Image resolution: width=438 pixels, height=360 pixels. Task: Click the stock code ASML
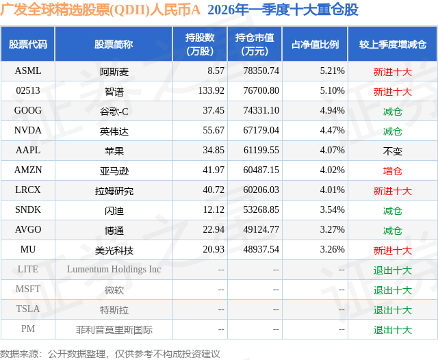point(28,70)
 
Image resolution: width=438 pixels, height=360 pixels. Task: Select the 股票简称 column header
point(114,44)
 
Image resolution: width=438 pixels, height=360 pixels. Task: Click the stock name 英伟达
point(114,131)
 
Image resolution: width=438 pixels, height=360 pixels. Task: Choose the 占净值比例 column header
point(315,44)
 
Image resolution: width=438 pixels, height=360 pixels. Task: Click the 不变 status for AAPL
point(392,151)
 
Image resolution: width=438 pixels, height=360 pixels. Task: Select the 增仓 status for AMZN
point(392,170)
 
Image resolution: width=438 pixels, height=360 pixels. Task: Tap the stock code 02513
point(28,90)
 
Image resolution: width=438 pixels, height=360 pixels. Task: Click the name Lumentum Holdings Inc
point(114,270)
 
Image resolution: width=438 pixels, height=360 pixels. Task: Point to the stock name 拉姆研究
point(114,190)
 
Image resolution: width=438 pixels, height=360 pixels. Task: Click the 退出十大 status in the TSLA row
point(392,309)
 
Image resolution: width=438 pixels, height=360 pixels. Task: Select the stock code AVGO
point(28,230)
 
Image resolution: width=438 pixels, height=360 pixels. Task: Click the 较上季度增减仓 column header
point(392,44)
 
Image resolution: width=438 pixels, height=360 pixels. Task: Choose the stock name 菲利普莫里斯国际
point(114,329)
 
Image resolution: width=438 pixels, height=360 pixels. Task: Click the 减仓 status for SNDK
point(392,210)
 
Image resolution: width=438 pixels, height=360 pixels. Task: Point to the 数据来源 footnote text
point(110,353)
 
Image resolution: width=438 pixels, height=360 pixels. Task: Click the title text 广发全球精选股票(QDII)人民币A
point(100,10)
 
